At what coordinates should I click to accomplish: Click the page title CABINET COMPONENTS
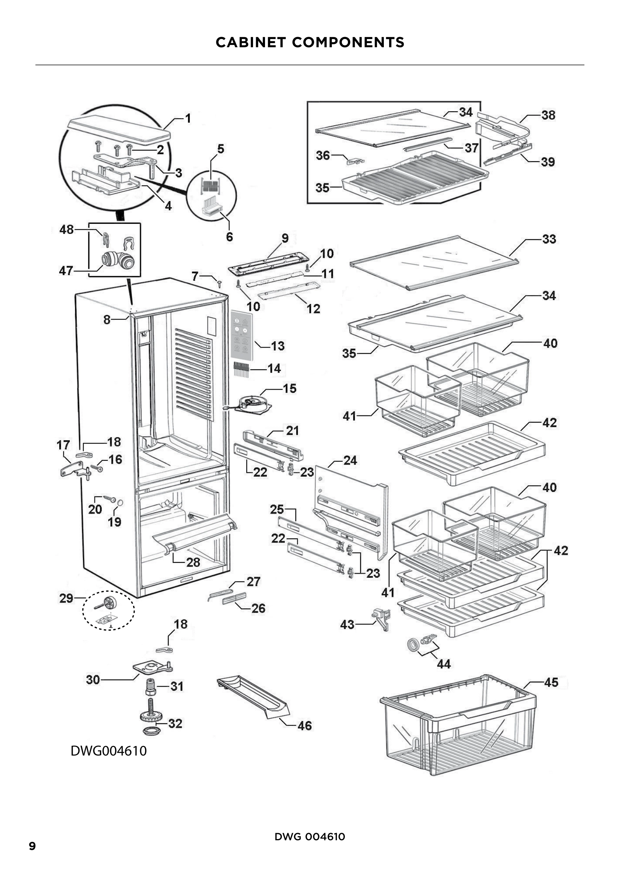point(310,42)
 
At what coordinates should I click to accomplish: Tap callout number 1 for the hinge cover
point(188,119)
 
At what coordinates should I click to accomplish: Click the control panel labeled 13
point(242,336)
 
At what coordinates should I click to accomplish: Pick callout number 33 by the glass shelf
point(549,239)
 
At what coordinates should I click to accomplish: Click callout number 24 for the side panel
point(350,460)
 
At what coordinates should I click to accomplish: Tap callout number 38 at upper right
point(548,115)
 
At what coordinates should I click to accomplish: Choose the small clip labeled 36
point(355,160)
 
